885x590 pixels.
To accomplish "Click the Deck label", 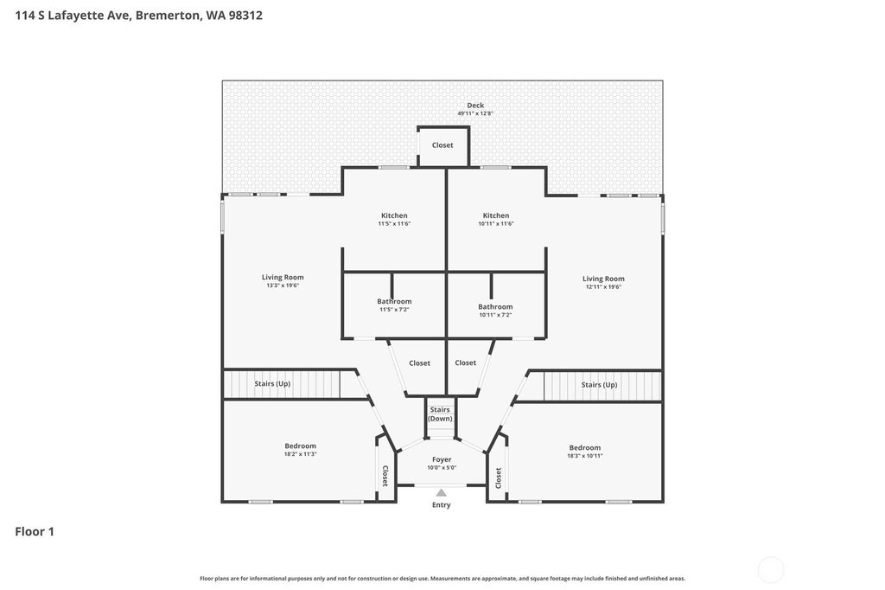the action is tap(475, 106).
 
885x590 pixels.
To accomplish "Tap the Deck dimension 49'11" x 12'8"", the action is tap(475, 113).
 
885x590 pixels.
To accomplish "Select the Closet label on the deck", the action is tap(442, 145).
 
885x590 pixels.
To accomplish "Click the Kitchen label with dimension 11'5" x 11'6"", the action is tap(394, 215).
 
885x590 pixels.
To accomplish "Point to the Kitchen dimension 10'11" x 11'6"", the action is tap(496, 224).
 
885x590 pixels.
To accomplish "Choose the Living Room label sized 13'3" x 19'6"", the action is tap(283, 277).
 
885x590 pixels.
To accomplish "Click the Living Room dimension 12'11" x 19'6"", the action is tap(603, 287).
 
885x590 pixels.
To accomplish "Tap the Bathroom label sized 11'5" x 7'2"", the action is tap(394, 301).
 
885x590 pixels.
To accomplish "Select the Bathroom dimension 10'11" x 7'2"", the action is tap(495, 316).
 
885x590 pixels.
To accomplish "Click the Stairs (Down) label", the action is tap(440, 414).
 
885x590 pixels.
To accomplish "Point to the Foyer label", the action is tap(442, 459).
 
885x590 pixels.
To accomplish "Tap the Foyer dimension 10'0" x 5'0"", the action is tap(442, 468).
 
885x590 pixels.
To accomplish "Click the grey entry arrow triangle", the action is tap(442, 493).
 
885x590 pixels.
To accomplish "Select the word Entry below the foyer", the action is tap(442, 505).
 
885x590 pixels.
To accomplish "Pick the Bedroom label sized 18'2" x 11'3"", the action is tap(300, 446).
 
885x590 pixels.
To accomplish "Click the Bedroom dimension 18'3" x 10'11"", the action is tap(585, 456).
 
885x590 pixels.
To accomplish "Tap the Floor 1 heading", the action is tap(35, 531).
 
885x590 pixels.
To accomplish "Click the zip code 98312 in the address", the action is tap(245, 16).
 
